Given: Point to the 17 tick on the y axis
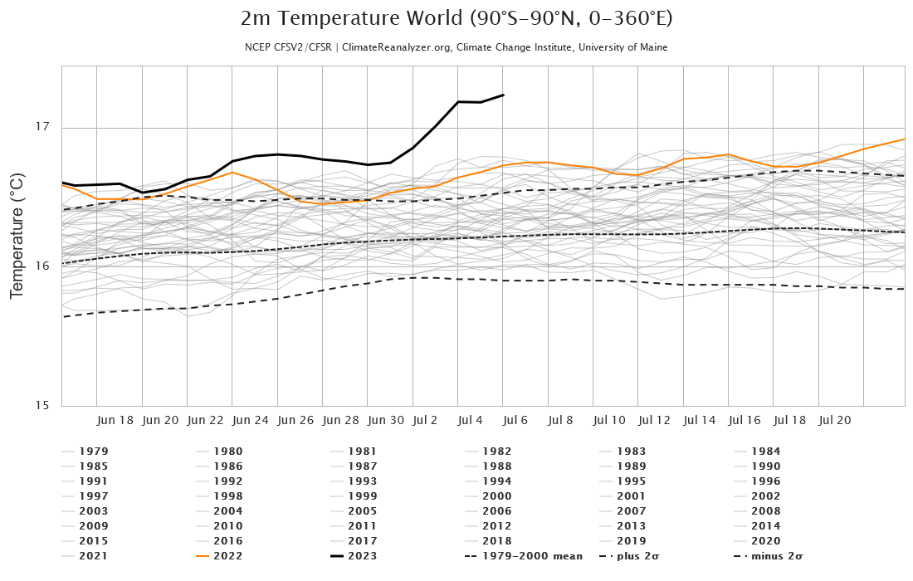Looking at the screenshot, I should [43, 127].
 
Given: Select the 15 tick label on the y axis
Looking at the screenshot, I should [43, 406].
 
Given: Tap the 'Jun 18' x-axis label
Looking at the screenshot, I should [115, 421].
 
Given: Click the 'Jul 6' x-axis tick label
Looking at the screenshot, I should [515, 421].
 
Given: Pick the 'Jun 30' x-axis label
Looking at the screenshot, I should [386, 421].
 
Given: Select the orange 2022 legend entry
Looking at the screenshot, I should [227, 556].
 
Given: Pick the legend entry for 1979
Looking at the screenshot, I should [93, 452].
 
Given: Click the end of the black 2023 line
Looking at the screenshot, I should [504, 95].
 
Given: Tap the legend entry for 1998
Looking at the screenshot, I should [227, 496].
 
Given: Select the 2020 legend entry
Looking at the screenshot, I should [765, 541].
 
